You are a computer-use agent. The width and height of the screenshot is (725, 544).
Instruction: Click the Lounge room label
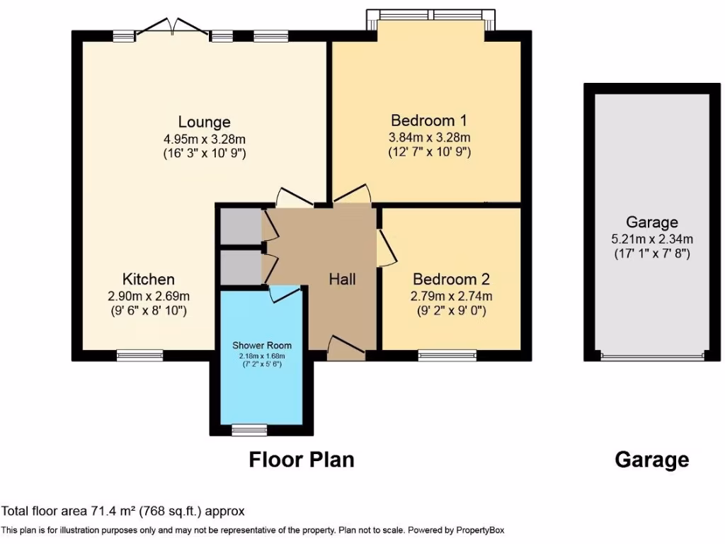pyautogui.click(x=204, y=122)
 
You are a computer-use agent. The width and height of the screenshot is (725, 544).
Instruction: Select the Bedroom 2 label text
pyautogui.click(x=451, y=279)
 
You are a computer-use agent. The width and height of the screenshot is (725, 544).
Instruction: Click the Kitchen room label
pyautogui.click(x=148, y=279)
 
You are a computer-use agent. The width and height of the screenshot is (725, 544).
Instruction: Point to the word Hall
pyautogui.click(x=342, y=279)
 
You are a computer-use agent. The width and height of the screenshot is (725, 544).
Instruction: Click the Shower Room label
pyautogui.click(x=262, y=346)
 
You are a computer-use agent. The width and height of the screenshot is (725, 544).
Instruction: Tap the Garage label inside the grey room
pyautogui.click(x=651, y=222)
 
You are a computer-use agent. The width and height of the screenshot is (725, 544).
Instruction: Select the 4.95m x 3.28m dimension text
pyautogui.click(x=205, y=138)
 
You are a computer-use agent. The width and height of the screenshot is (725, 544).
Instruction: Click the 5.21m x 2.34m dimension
pyautogui.click(x=651, y=238)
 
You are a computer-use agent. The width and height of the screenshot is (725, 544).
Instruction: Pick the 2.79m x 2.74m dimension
pyautogui.click(x=451, y=296)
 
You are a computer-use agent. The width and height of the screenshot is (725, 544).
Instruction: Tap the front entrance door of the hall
pyautogui.click(x=347, y=347)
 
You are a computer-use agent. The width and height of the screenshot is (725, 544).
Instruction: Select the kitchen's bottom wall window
pyautogui.click(x=139, y=356)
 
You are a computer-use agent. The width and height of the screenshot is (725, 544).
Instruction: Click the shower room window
pyautogui.click(x=250, y=430)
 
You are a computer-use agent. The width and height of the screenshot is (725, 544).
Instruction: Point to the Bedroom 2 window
pyautogui.click(x=447, y=356)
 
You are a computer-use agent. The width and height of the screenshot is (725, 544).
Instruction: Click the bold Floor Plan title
pyautogui.click(x=301, y=460)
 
